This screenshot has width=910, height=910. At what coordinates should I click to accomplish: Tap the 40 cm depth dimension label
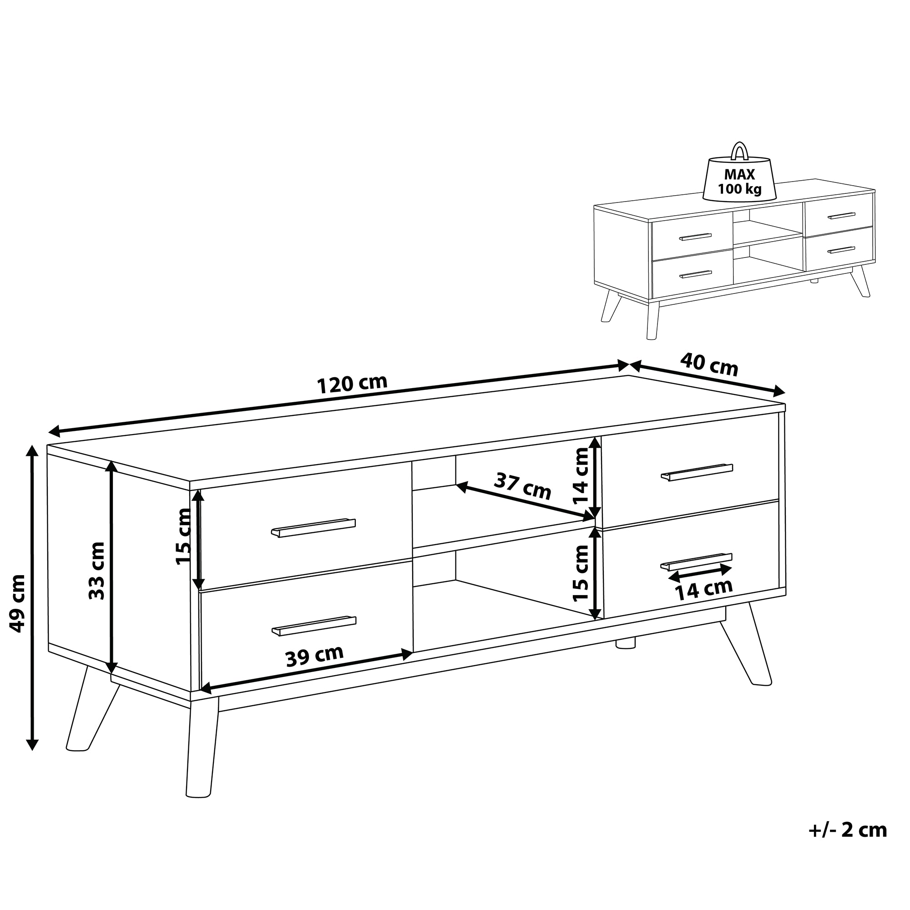[x=709, y=364]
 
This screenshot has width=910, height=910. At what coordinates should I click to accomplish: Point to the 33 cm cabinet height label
[x=96, y=571]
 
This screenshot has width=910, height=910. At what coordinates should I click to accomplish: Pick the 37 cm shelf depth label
[x=522, y=486]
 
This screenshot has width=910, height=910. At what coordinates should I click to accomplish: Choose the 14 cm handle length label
[x=704, y=589]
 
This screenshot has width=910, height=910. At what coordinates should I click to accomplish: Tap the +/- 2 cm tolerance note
[x=848, y=843]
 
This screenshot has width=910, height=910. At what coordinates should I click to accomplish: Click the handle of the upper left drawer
[x=313, y=527]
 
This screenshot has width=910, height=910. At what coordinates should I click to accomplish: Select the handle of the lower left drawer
[x=313, y=626]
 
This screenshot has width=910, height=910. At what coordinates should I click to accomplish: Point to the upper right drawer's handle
[x=697, y=472]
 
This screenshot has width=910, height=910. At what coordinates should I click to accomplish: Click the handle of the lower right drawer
[x=696, y=561]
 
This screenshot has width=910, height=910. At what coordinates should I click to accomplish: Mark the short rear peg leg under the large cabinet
[x=626, y=643]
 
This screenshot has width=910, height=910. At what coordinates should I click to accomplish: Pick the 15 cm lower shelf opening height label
[x=581, y=573]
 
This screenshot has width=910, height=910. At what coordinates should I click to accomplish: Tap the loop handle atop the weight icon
[x=739, y=151]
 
